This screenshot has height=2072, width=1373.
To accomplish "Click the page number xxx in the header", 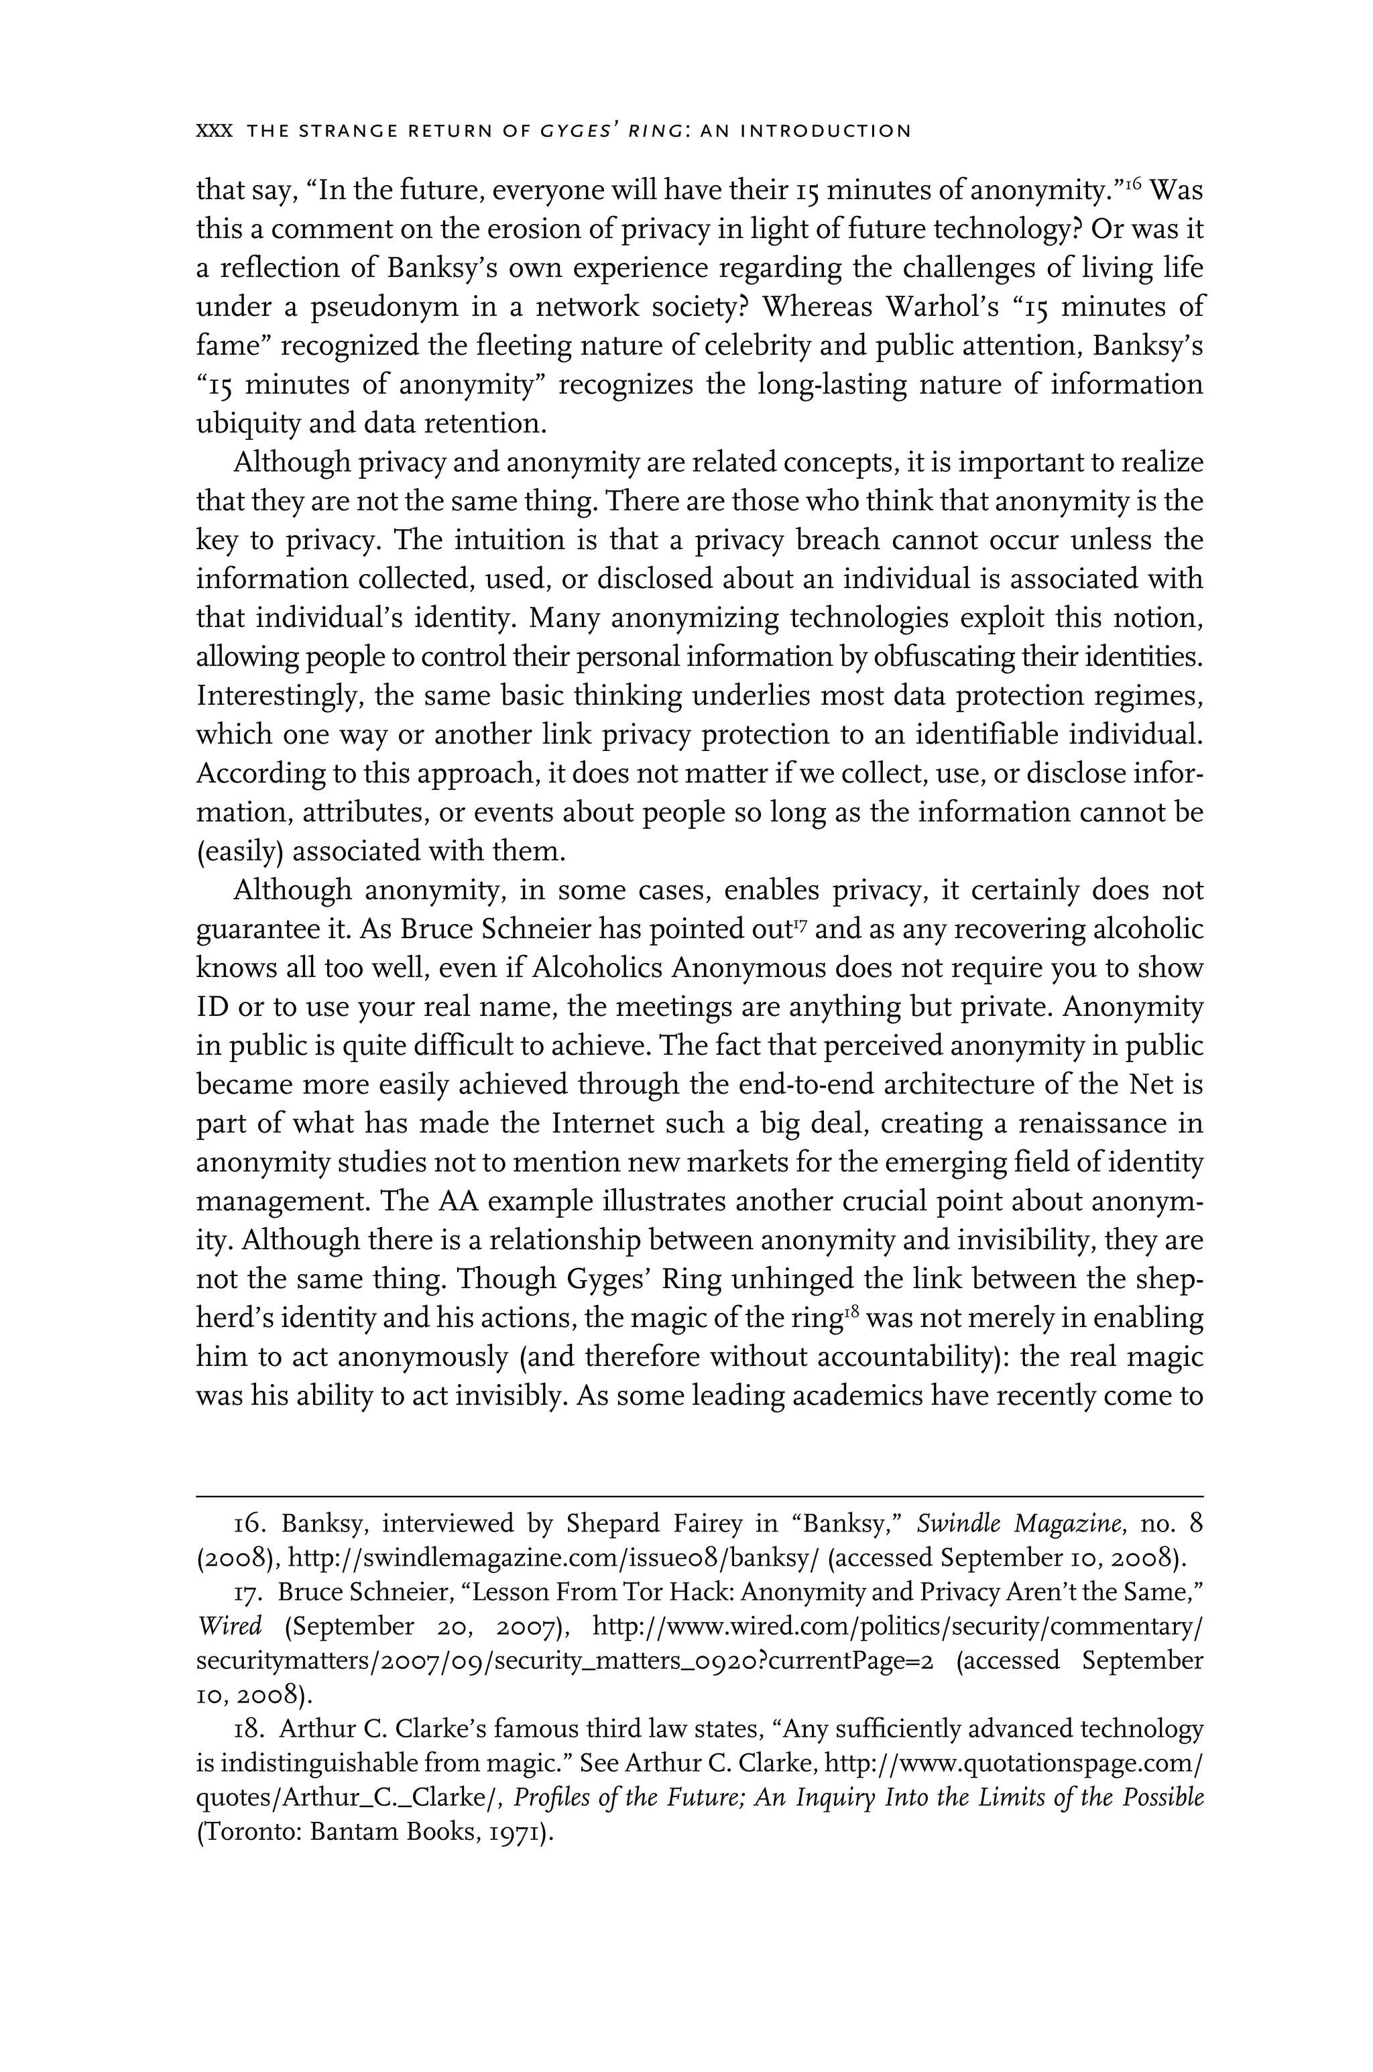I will pos(214,132).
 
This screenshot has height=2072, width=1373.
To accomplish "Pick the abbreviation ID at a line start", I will pos(213,1007).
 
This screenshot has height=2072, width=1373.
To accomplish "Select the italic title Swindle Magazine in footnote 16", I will pos(1021,1523).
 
